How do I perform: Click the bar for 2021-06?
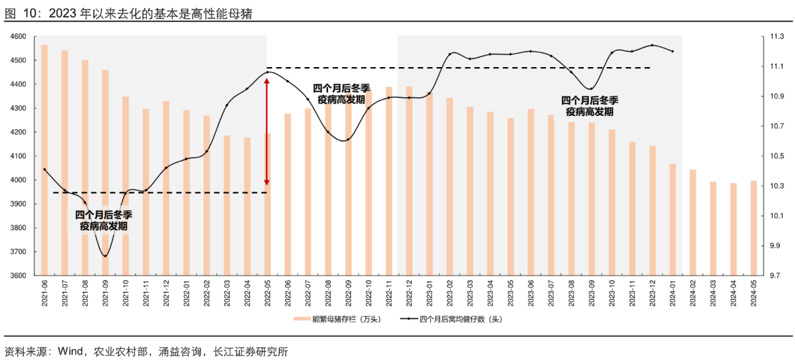pos(45,160)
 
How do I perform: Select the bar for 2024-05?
pos(754,228)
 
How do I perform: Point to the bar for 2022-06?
pos(288,194)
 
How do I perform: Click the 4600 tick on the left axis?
pos(18,37)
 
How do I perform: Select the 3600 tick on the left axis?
pos(18,276)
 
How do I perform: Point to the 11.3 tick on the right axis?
pos(777,37)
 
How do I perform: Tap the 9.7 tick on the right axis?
pos(777,276)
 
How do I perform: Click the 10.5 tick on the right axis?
pos(777,156)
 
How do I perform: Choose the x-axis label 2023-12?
pos(653,294)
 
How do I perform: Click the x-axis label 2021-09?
pos(106,294)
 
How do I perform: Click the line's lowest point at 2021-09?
pos(105,256)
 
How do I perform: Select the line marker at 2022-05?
pos(267,72)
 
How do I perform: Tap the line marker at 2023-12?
pos(652,45)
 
